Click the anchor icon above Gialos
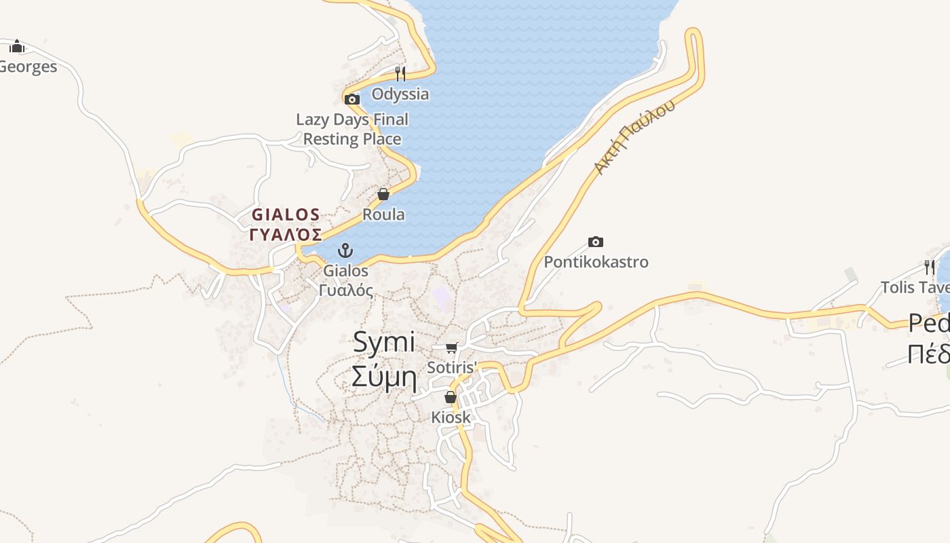[345, 250]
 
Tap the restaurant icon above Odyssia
[400, 73]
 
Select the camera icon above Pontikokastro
[595, 242]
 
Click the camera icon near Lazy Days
[351, 100]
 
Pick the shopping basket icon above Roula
[383, 195]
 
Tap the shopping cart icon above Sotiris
[451, 348]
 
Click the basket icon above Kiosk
[450, 397]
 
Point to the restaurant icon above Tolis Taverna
[929, 267]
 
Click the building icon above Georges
[17, 46]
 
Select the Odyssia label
[400, 94]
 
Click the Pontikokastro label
[596, 262]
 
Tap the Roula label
[383, 214]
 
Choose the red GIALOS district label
[286, 215]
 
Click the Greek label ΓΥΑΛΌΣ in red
[286, 235]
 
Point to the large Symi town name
[383, 342]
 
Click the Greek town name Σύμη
[383, 375]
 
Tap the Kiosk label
[451, 417]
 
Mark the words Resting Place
[351, 139]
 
